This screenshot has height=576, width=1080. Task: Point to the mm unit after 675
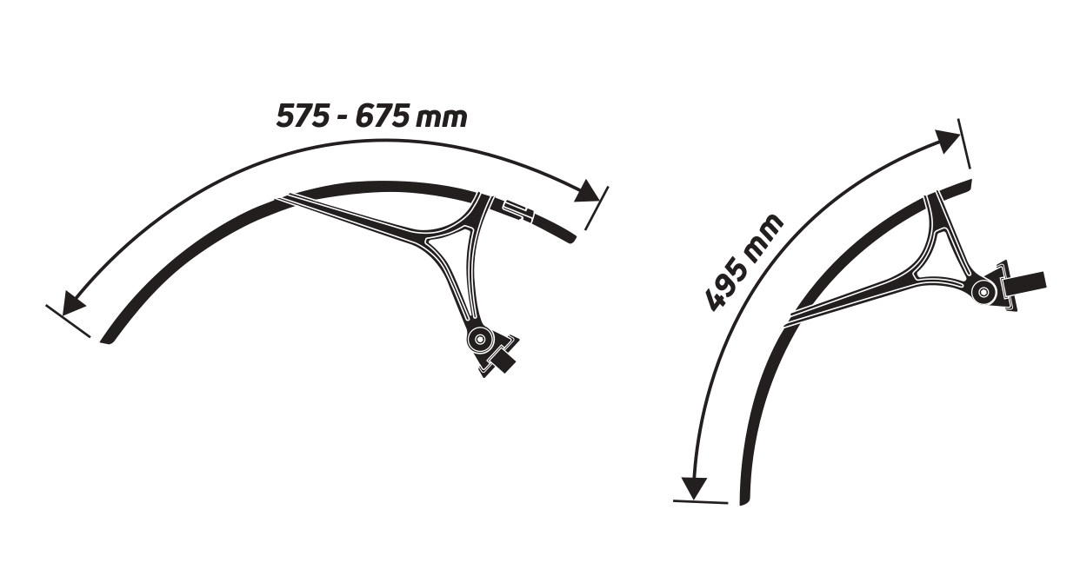pos(441,118)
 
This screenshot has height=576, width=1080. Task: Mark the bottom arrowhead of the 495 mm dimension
pos(694,487)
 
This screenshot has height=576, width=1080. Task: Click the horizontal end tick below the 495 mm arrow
pos(700,502)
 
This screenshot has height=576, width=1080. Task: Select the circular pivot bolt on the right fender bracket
pos(983,293)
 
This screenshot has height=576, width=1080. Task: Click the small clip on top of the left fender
pos(519,209)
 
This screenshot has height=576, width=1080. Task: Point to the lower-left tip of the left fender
pos(104,340)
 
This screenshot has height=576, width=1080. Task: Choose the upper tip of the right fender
pos(967,183)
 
